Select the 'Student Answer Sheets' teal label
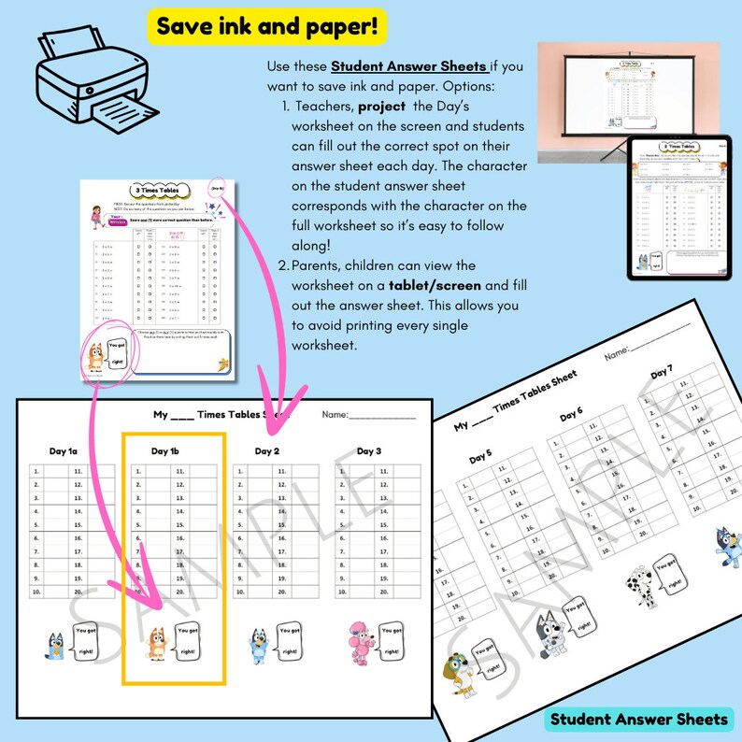click(x=638, y=719)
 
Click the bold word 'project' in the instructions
click(x=381, y=107)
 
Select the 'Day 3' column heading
click(x=370, y=450)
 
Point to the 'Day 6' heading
click(x=571, y=415)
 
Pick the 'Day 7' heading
click(x=662, y=373)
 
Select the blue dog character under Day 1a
click(x=56, y=645)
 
